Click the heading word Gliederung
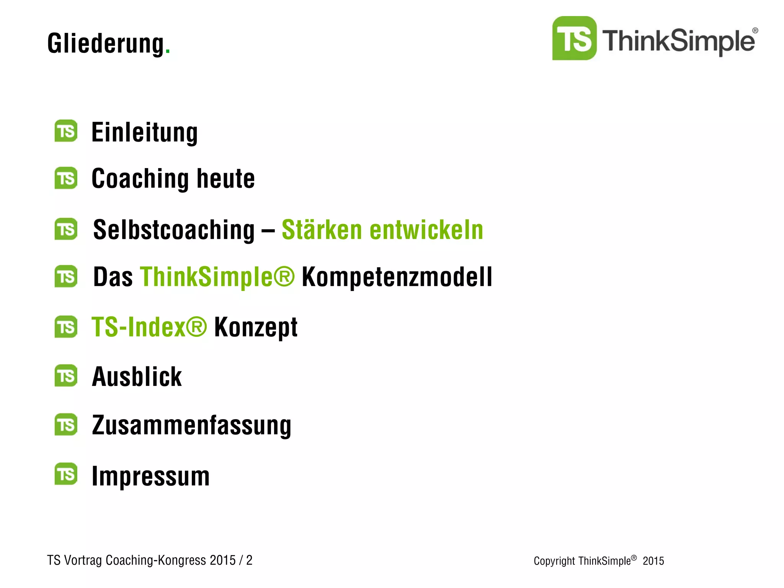[x=106, y=44]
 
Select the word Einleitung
[x=145, y=132]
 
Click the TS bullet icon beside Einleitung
[x=66, y=131]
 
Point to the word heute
[x=225, y=178]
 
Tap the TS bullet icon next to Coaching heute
[x=66, y=178]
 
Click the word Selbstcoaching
[x=174, y=230]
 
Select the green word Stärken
[x=322, y=230]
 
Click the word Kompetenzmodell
[x=397, y=277]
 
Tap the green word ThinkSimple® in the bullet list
[x=217, y=277]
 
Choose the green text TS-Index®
[x=149, y=327]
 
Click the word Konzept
[x=256, y=327]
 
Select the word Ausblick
[x=137, y=377]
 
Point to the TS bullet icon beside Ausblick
[x=66, y=376]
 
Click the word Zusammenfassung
[x=191, y=425]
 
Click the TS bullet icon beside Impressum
[x=66, y=474]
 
